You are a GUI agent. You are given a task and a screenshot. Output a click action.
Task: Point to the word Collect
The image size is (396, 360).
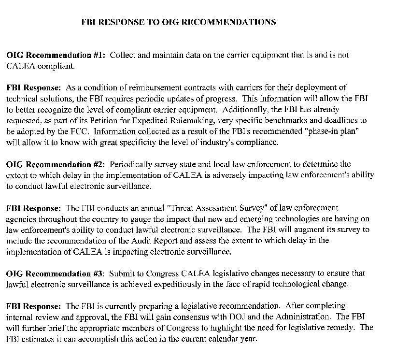pos(123,55)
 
